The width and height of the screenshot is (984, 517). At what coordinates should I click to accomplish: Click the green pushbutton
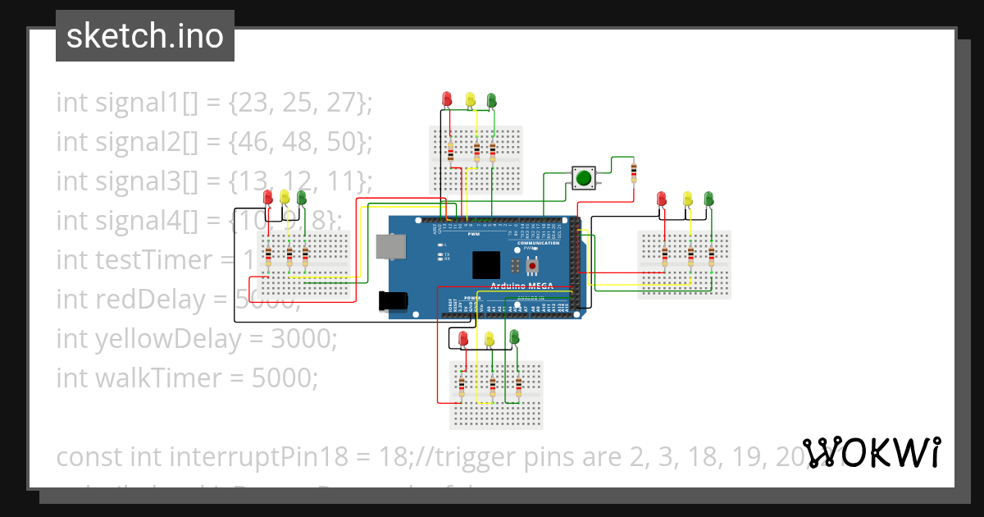(x=584, y=177)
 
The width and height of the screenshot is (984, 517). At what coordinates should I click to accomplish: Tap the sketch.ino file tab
(x=145, y=36)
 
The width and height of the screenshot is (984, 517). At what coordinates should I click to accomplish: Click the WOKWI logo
(x=871, y=452)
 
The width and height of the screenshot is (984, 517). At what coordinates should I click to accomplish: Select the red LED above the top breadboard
(x=447, y=99)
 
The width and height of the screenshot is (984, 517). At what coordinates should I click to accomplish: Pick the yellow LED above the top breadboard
(x=470, y=99)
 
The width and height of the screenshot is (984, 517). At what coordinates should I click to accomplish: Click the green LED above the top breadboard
(x=492, y=99)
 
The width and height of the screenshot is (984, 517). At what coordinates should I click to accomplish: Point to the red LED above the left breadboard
(x=268, y=197)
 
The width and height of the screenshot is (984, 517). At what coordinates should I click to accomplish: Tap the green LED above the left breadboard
(x=302, y=197)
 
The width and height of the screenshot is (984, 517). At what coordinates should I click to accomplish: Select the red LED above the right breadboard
(x=662, y=199)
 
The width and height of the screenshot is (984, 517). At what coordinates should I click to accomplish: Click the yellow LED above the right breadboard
(x=688, y=199)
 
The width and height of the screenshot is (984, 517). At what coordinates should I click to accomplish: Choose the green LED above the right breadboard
(x=709, y=199)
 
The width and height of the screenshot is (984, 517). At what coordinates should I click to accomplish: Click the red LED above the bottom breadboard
(x=463, y=338)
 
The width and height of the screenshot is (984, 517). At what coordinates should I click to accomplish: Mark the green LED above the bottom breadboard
(x=515, y=336)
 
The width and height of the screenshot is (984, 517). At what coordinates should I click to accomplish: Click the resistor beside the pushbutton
(x=633, y=172)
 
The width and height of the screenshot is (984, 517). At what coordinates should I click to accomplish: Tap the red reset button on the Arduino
(x=534, y=265)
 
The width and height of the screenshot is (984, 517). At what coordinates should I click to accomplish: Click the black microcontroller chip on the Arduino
(x=486, y=265)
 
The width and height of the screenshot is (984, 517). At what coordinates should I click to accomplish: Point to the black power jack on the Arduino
(x=393, y=301)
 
